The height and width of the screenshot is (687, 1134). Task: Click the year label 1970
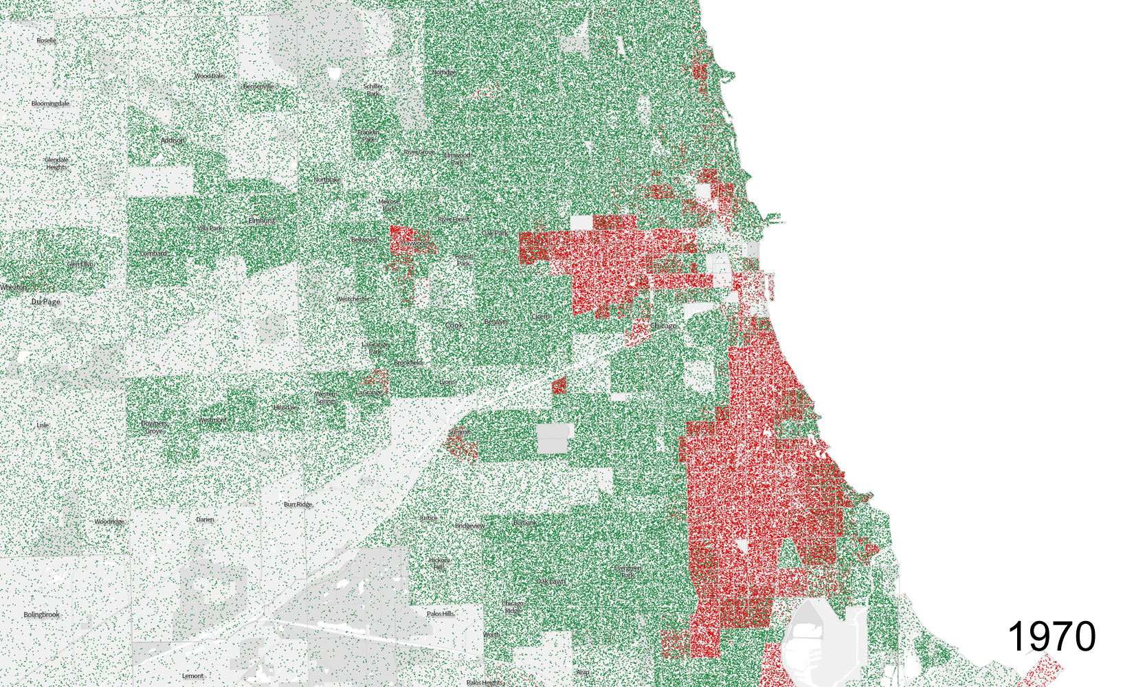coord(1051,636)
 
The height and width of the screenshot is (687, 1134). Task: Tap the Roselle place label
coord(46,41)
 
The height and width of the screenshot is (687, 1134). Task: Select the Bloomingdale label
coord(50,104)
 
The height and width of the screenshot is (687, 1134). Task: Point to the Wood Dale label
coord(209,76)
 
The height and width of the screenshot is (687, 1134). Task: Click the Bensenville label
coord(258,87)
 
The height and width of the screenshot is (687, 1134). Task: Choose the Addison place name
coord(173,140)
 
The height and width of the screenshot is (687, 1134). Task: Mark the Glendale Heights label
coord(56,164)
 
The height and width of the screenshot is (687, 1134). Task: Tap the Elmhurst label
coord(261,221)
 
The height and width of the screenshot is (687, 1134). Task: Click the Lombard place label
coord(153,254)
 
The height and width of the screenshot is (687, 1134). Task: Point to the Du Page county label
coord(46,302)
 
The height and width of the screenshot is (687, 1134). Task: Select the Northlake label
coord(326,180)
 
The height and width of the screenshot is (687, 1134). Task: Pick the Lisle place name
coord(43,425)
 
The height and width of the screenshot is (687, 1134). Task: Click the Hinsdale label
coord(285,407)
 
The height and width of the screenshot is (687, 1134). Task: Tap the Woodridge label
coord(109,522)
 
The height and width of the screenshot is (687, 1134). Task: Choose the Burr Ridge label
coord(298,504)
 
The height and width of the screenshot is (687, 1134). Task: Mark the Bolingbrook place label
coord(41,615)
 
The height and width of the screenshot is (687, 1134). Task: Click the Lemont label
coord(192,676)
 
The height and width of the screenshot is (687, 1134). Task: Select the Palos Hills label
coord(440,613)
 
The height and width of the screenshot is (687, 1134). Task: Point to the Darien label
coord(205,520)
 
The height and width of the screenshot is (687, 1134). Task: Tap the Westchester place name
coord(353,300)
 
